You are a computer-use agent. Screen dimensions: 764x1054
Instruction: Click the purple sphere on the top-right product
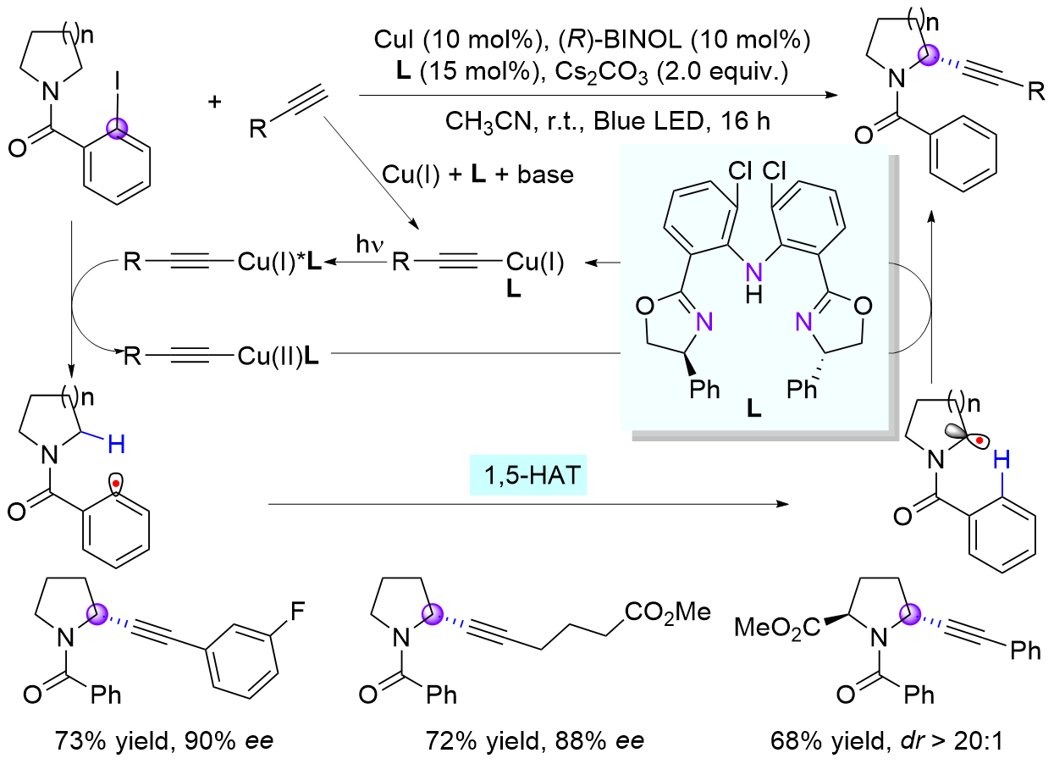929,57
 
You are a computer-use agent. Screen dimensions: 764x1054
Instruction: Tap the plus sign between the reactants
215,102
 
